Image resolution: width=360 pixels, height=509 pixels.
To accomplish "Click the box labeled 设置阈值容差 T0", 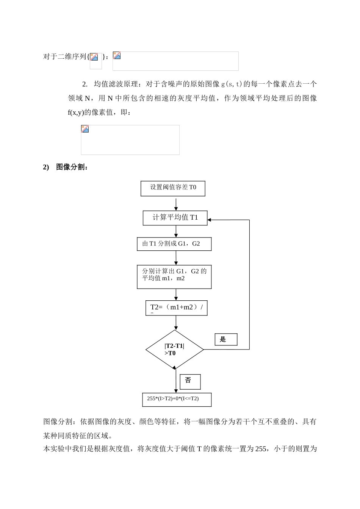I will [173, 188].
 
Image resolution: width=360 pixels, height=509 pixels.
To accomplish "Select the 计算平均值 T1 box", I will [175, 218].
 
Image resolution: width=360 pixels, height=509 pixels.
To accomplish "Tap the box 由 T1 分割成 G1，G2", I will [174, 244].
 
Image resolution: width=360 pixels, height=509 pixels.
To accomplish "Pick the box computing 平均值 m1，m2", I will [174, 276].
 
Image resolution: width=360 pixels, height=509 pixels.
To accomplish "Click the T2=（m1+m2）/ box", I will [176, 308].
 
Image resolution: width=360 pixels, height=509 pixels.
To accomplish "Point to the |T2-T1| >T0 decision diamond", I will [175, 350].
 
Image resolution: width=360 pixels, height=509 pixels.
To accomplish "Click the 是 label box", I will [226, 339].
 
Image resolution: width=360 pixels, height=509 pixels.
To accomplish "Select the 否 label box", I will [190, 381].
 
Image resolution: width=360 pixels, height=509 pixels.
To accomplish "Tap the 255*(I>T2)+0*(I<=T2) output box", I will [176, 399].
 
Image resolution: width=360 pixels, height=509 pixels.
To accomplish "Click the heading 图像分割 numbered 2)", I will [72, 167].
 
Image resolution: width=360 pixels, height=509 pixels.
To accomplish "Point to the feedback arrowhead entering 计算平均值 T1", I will [210, 220].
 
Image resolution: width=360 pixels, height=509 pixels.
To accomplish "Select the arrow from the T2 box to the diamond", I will [176, 322].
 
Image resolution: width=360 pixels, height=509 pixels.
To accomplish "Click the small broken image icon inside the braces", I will [94, 57].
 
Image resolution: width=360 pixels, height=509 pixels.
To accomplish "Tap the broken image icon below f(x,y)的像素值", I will [85, 129].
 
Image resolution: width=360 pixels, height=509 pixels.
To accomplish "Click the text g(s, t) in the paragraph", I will [232, 84].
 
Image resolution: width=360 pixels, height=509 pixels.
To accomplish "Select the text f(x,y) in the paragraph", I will [76, 112].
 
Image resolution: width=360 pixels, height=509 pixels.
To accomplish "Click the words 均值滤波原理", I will [112, 84].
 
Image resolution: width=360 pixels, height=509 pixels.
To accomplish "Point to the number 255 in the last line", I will [261, 449].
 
